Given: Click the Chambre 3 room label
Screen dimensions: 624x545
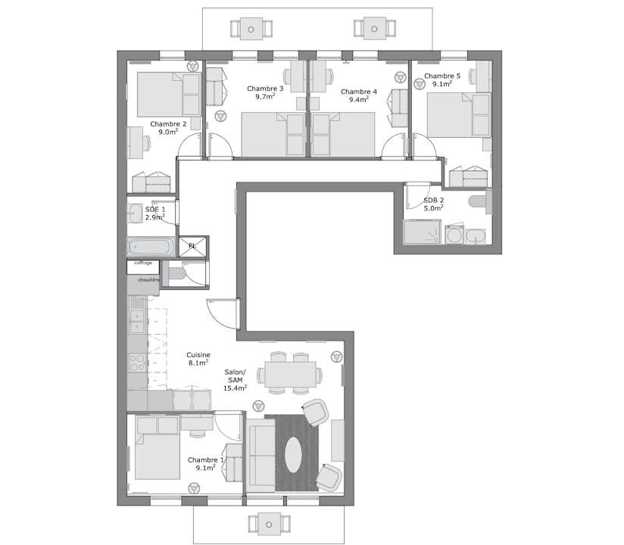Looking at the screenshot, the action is click(265, 89).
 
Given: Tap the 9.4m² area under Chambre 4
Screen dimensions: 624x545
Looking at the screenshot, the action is click(358, 99).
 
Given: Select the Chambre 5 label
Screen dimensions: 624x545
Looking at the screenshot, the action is click(442, 76).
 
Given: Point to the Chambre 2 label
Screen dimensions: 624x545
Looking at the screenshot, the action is click(168, 124).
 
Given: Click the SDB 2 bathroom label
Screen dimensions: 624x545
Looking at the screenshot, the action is click(433, 200).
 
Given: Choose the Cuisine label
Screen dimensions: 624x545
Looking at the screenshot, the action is click(198, 355).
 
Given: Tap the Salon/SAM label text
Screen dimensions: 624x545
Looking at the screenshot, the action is click(235, 376).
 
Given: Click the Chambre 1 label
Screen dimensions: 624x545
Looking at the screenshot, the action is click(206, 460).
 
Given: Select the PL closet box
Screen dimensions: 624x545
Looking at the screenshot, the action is click(192, 246).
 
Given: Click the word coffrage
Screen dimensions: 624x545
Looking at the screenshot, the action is click(143, 263).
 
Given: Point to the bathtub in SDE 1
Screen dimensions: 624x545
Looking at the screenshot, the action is click(151, 247).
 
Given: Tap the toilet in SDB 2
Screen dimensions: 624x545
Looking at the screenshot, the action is click(479, 201).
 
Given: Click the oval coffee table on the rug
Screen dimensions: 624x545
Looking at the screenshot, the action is click(293, 456).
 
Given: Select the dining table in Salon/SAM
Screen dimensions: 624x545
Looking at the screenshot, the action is click(291, 373).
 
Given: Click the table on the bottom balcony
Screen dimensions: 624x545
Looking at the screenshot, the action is click(269, 524).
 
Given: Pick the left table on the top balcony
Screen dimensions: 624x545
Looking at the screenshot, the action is click(251, 29).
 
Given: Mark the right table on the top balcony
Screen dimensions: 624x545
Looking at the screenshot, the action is click(374, 29).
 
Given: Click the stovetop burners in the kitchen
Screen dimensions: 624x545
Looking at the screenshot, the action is click(136, 363).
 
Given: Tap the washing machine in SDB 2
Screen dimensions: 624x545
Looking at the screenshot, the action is click(454, 235).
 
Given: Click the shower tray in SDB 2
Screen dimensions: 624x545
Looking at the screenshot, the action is click(423, 232).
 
